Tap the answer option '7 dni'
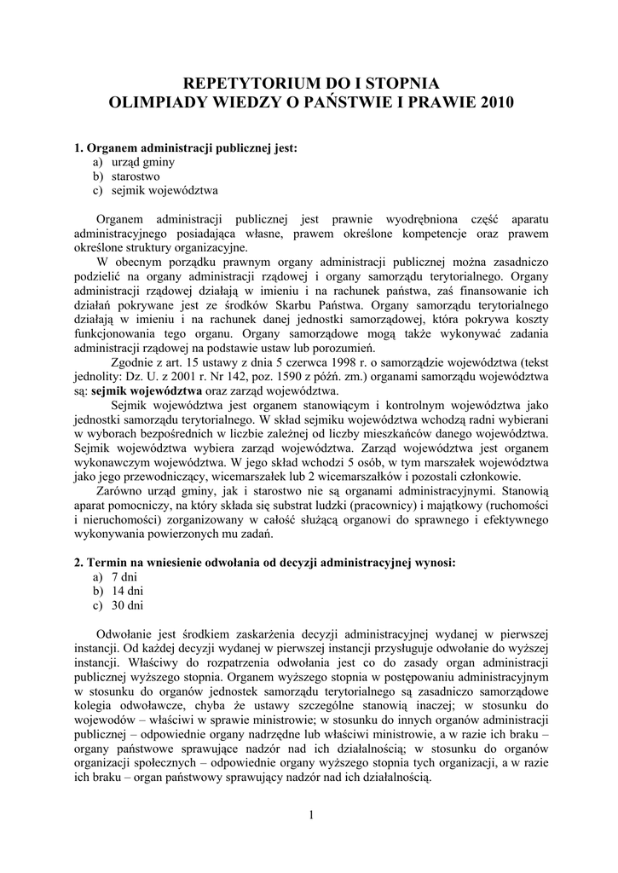[124, 577]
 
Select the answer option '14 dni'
[127, 591]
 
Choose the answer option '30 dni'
[127, 605]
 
